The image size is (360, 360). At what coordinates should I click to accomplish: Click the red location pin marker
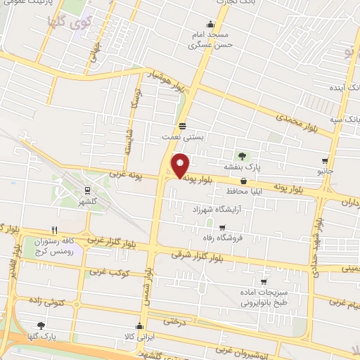tap(180, 166)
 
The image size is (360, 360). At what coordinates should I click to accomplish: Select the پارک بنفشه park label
tap(243, 167)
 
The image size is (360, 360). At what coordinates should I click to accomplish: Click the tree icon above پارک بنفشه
tap(243, 155)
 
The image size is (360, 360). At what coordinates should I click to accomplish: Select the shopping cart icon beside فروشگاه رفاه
tap(223, 228)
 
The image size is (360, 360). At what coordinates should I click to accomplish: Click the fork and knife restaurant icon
tap(54, 229)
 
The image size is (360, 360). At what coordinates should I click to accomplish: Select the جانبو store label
tap(325, 171)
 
